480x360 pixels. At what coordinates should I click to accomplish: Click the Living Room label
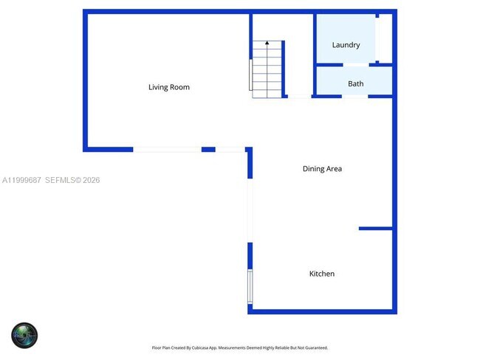(x=169, y=87)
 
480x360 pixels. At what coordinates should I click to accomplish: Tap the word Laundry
(x=346, y=45)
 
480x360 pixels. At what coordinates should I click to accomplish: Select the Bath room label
(x=356, y=84)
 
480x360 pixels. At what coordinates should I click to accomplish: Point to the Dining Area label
(x=322, y=169)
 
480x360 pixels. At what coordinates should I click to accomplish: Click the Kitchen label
(x=321, y=274)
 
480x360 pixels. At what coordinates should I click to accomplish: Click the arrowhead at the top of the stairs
(x=267, y=44)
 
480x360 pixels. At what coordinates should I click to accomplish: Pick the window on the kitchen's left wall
(x=250, y=286)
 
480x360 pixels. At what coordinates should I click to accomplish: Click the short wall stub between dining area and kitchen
(x=375, y=229)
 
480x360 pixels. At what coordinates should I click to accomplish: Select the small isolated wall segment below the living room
(x=208, y=150)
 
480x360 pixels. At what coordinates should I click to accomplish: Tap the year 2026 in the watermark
(x=92, y=180)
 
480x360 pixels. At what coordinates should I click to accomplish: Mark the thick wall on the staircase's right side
(x=284, y=68)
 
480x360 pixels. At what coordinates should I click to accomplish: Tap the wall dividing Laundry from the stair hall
(x=315, y=40)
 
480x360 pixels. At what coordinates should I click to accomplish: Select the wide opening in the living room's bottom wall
(x=167, y=150)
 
